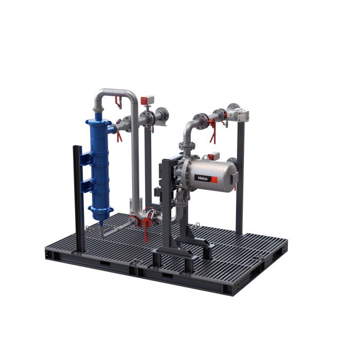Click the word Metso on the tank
(203, 178)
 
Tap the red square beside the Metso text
(214, 180)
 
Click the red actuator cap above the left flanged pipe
(145, 101)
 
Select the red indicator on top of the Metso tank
(211, 157)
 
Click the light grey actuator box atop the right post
(241, 114)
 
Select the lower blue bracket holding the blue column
(86, 186)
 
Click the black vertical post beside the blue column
(79, 199)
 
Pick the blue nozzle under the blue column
(101, 223)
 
